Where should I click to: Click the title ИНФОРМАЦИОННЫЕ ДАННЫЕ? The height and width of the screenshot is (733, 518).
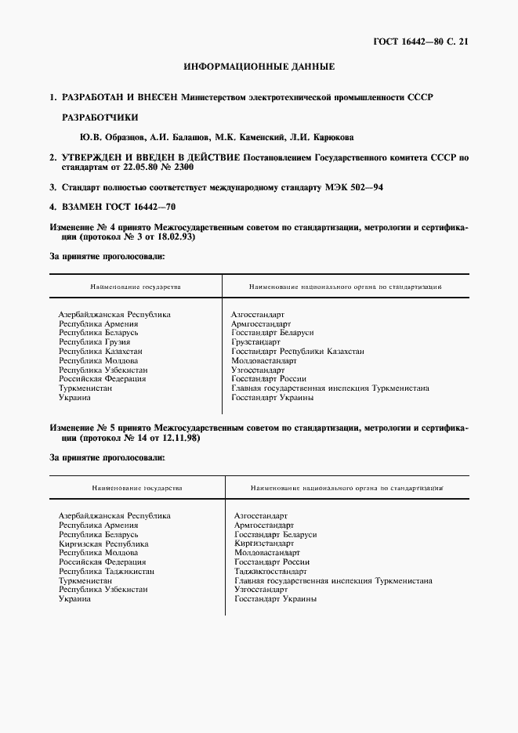pyautogui.click(x=259, y=67)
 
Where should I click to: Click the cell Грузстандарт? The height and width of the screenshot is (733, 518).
pyautogui.click(x=255, y=342)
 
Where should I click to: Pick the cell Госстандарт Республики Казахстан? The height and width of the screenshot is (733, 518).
pyautogui.click(x=298, y=352)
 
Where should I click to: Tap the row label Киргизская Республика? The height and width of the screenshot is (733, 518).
pyautogui.click(x=103, y=543)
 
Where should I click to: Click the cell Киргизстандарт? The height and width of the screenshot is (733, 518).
pyautogui.click(x=264, y=543)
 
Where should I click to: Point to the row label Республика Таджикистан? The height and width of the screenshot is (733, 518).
pyautogui.click(x=107, y=572)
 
